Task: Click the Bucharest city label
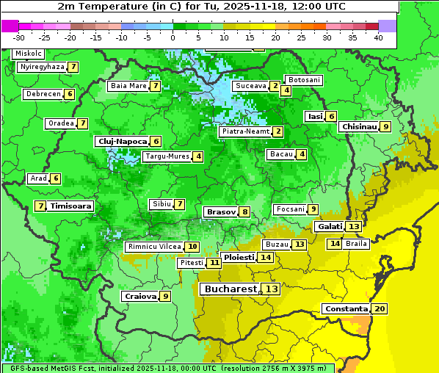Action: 230,289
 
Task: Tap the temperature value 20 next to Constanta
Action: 380,309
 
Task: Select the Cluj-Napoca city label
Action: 122,141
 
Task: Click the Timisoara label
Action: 70,206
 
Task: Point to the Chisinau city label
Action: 359,126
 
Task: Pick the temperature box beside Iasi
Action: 331,116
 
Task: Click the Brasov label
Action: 221,211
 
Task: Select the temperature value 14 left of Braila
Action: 335,244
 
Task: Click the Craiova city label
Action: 140,296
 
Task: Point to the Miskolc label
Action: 28,54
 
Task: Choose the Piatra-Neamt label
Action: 245,131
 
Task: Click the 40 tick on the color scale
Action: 378,37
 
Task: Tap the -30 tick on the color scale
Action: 19,37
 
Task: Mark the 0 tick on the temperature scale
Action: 173,37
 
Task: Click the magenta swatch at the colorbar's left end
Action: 10,25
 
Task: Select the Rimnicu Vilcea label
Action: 153,247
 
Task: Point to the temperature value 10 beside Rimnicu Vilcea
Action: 192,247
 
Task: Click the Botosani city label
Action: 303,79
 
